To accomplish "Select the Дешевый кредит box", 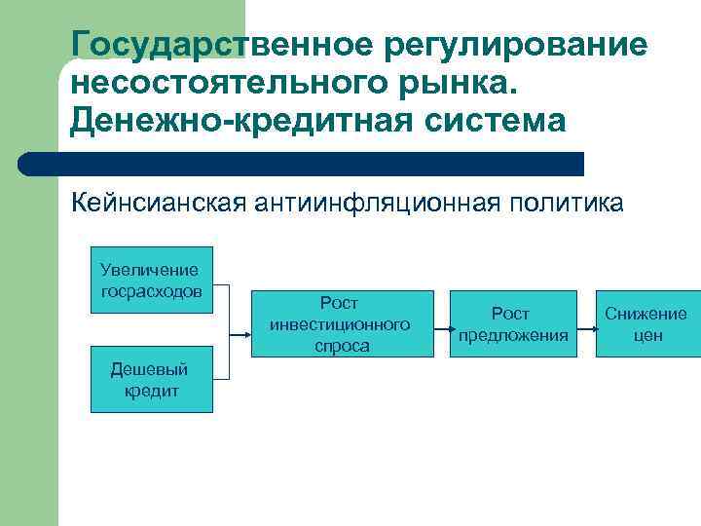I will [151, 379].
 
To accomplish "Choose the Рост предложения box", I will [512, 324].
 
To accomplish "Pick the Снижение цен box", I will [646, 324].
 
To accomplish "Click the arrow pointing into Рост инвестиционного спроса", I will [243, 331].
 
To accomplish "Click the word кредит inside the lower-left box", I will [151, 390].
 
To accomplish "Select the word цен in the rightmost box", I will [646, 335].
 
